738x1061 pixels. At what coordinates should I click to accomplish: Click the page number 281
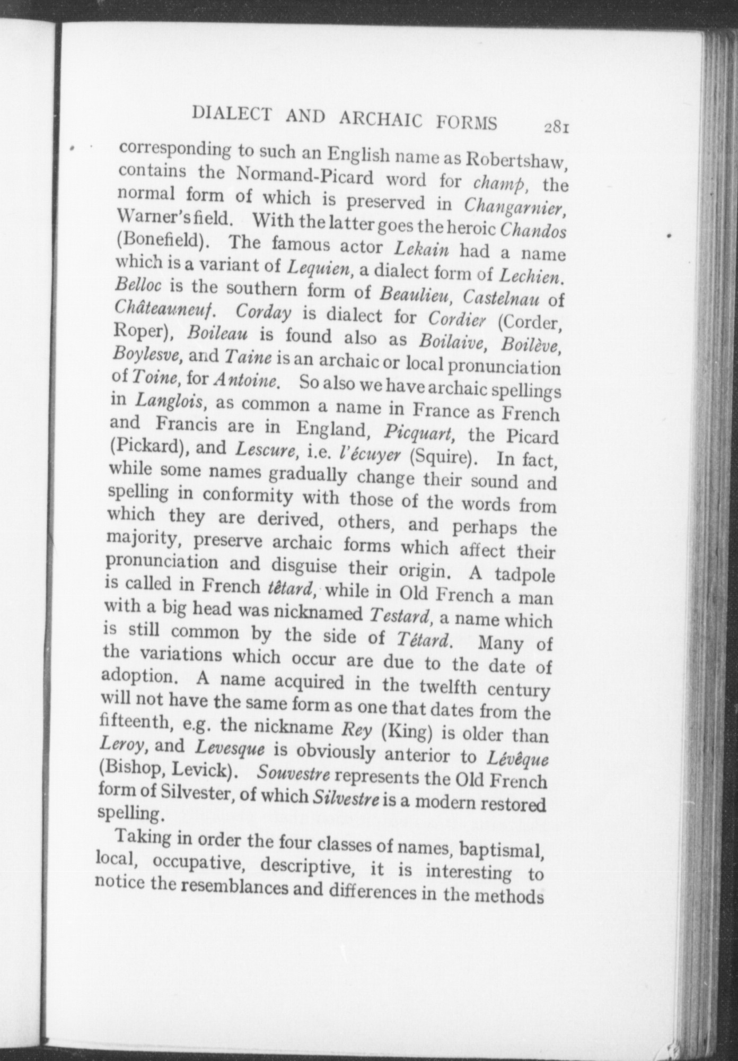(x=556, y=128)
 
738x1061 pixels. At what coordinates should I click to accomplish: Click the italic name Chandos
(x=533, y=232)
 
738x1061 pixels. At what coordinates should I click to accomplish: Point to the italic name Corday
(x=263, y=312)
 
